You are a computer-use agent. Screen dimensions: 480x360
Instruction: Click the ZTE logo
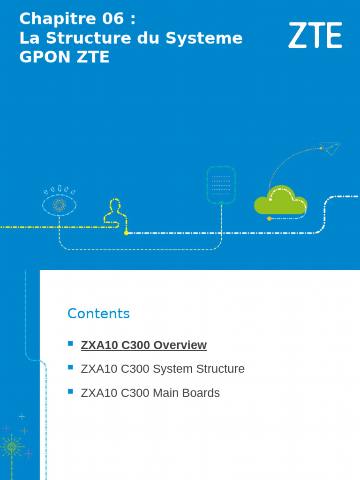[x=315, y=35]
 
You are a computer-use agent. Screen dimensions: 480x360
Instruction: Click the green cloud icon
[x=281, y=200]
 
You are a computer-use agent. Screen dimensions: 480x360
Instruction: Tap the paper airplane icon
[x=330, y=148]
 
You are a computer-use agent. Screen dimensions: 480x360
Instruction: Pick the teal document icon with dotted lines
[x=221, y=185]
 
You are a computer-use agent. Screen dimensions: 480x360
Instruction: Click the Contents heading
[x=98, y=314]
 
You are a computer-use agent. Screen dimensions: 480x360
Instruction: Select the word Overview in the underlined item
[x=180, y=345]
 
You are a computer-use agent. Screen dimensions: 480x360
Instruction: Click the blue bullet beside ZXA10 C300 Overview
[x=71, y=344]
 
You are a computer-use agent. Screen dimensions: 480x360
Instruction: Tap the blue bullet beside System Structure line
[x=71, y=367]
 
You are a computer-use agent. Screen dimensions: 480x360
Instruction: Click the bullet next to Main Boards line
[x=71, y=391]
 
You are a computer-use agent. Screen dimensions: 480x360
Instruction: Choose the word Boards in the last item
[x=202, y=393]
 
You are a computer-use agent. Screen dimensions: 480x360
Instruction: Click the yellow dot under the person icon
[x=126, y=233]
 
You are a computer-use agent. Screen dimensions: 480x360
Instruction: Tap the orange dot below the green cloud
[x=269, y=218]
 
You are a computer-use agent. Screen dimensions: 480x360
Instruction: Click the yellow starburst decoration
[x=12, y=446]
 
